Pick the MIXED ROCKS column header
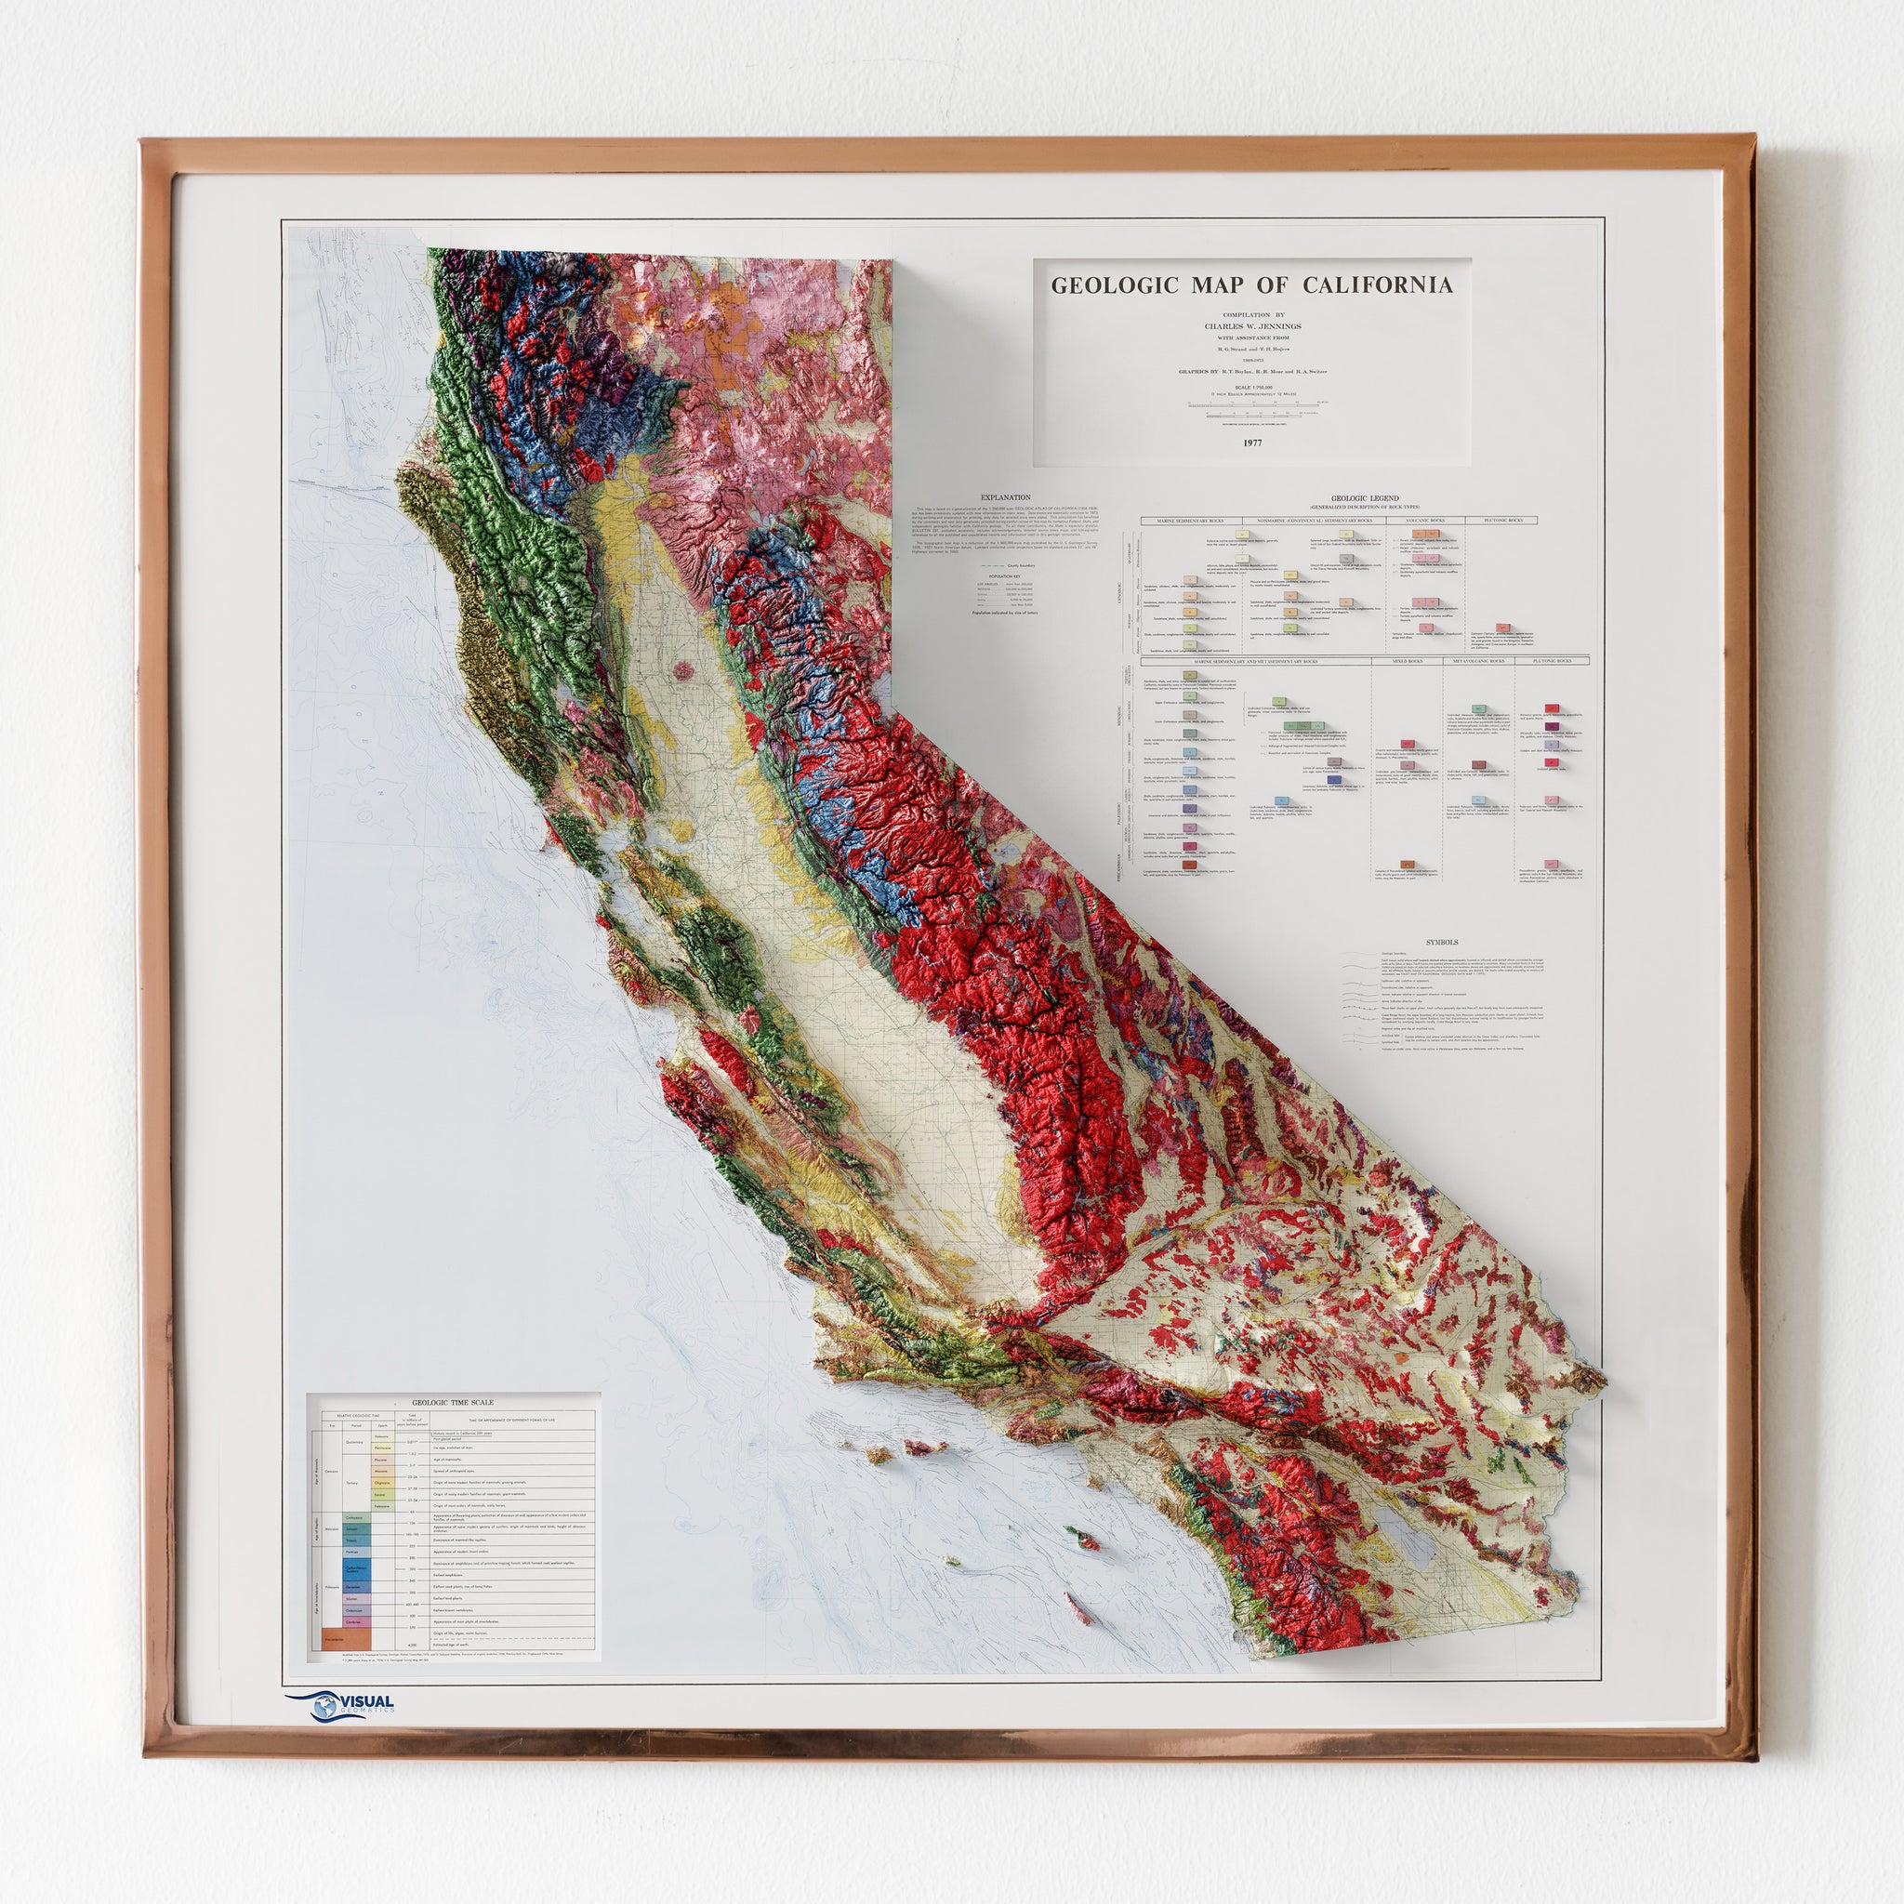point(1400,660)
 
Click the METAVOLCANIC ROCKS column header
point(1473,660)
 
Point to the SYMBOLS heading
point(1442,940)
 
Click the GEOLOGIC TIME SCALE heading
point(453,1402)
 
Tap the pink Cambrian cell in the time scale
point(358,1620)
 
